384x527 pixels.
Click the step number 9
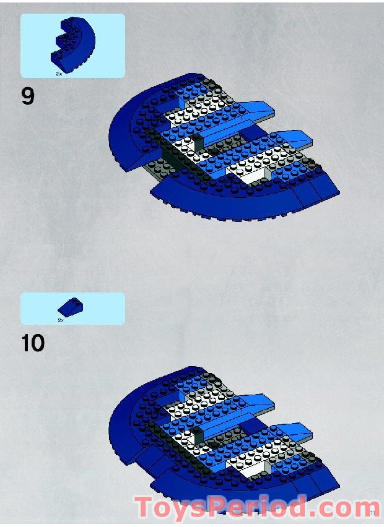28,98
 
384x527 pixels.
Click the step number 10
33,343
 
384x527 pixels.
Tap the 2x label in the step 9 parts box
59,73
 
